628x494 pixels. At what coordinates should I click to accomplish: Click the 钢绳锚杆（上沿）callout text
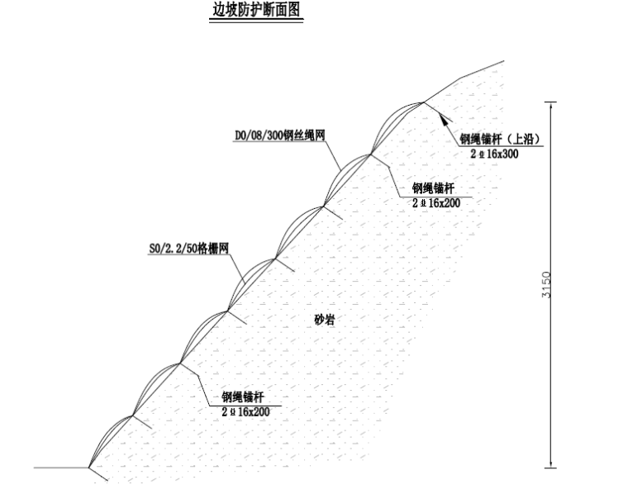tap(500, 138)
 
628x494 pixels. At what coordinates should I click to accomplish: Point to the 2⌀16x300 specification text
tap(494, 154)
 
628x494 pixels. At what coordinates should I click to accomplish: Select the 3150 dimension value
tap(545, 285)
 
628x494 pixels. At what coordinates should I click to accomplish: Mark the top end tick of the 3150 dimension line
tap(552, 102)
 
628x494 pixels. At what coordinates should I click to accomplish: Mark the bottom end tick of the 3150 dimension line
tap(552, 468)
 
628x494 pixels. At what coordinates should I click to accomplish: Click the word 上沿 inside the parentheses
tap(520, 138)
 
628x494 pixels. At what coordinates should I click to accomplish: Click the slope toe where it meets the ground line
tap(89, 468)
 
